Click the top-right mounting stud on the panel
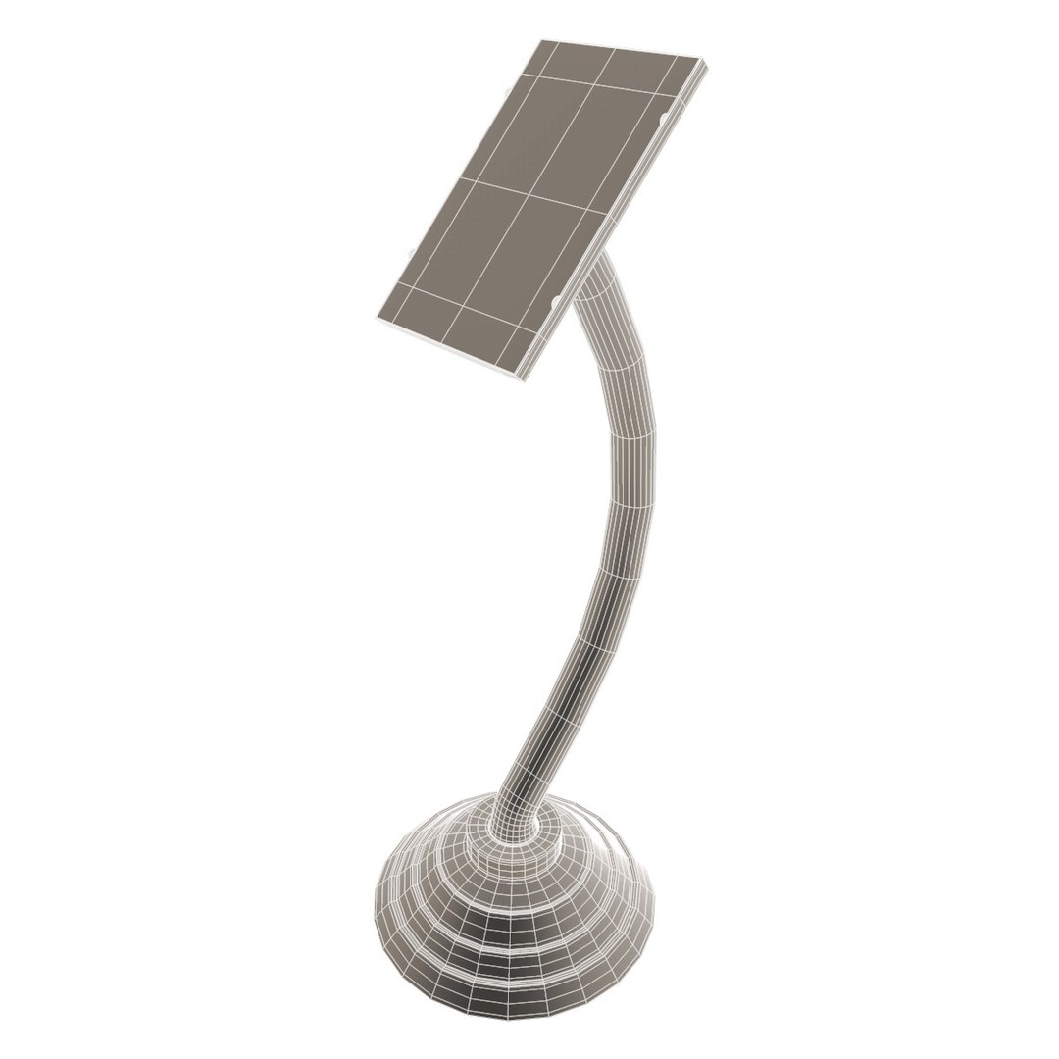666,119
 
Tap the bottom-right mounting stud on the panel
557,301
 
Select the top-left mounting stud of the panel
505,93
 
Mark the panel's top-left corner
542,41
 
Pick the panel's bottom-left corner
377,320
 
